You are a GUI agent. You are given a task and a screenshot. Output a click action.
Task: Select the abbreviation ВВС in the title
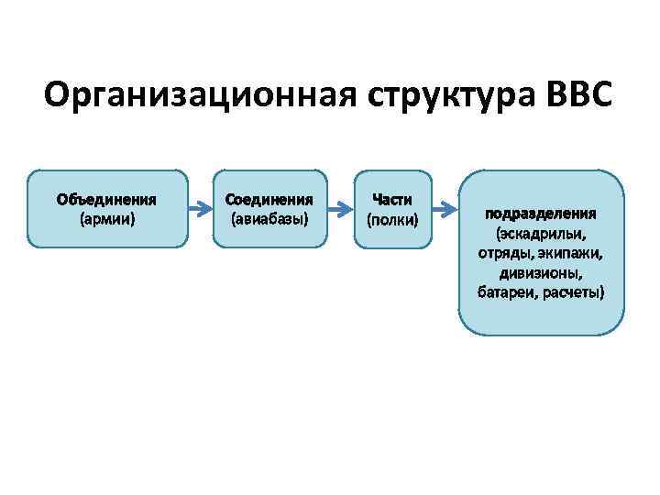(578, 95)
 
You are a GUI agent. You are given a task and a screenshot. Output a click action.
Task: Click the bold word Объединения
(106, 199)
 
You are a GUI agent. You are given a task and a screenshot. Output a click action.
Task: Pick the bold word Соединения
(269, 199)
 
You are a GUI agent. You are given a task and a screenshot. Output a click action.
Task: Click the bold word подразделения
(541, 214)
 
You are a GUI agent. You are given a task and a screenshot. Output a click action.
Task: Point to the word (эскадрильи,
(541, 234)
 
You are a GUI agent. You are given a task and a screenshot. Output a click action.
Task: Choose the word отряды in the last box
(500, 253)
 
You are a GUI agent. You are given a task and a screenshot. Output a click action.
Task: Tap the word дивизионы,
(541, 273)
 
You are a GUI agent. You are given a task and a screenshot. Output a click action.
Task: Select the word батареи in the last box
(508, 292)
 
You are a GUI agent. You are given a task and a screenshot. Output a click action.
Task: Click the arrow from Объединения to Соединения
(200, 209)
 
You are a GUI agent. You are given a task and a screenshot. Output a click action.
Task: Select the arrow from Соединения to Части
(340, 209)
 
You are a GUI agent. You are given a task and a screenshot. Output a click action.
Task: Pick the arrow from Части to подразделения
(445, 209)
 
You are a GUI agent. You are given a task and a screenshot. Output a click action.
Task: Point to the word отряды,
(502, 253)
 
